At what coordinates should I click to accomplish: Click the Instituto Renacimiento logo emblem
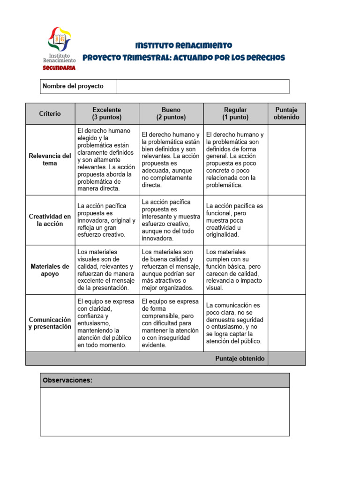(x=59, y=40)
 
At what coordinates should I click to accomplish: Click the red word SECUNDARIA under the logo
(x=59, y=67)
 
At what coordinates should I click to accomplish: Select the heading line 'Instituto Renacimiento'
(x=183, y=45)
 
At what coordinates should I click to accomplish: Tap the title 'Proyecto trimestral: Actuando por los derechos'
(x=183, y=58)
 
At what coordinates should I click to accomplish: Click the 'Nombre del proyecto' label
(x=73, y=86)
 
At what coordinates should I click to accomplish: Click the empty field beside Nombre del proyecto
(x=202, y=86)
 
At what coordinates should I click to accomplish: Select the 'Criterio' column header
(x=50, y=113)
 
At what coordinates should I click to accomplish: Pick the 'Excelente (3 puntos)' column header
(x=107, y=113)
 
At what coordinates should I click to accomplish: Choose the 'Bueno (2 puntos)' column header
(x=171, y=113)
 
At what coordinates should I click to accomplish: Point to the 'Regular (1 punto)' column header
(x=235, y=113)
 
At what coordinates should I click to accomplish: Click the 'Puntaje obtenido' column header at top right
(x=286, y=113)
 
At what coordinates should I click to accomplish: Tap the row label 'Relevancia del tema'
(x=50, y=159)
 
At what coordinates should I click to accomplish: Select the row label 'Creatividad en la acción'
(x=50, y=220)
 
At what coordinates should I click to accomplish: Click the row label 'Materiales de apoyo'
(x=50, y=270)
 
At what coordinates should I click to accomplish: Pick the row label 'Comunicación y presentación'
(x=50, y=323)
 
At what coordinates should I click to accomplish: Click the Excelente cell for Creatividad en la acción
(x=107, y=220)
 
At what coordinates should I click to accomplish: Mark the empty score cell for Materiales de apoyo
(x=286, y=270)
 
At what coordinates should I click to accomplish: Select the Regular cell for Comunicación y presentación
(x=235, y=323)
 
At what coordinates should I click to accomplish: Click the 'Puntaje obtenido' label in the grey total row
(x=240, y=359)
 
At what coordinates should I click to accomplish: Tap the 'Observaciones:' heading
(x=67, y=380)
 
